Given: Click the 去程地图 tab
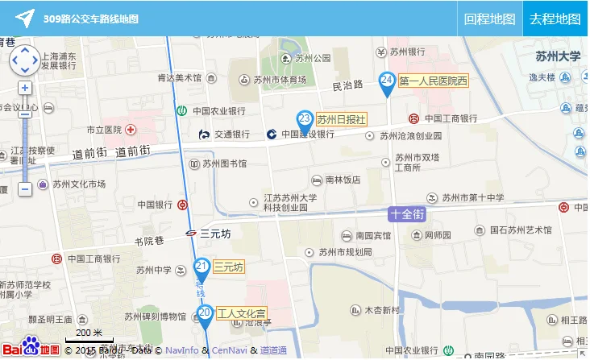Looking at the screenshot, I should click(555, 19).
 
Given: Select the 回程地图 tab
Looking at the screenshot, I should click(489, 19).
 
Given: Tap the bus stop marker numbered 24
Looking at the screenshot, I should click(387, 81).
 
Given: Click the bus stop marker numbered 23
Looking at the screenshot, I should click(305, 120).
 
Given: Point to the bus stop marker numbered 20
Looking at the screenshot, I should click(205, 314).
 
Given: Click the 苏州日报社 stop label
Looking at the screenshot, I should click(342, 118).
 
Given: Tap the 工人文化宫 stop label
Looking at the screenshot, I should click(242, 312).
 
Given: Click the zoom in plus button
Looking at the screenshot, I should click(25, 88).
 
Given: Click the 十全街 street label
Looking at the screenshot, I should click(407, 214).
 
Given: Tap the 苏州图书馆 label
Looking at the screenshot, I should click(225, 163).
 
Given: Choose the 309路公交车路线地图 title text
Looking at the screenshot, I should click(91, 19).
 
